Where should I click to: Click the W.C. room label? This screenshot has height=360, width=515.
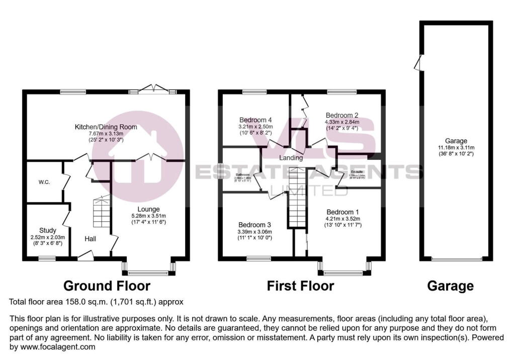[44, 182]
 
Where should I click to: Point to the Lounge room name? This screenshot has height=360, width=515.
[149, 209]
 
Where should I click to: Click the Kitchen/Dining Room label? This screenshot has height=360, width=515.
[106, 127]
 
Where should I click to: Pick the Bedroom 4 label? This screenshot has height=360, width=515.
[255, 120]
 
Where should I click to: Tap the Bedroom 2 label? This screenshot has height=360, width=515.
[342, 114]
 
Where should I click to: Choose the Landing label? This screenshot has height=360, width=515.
[291, 158]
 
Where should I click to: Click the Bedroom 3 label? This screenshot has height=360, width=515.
[255, 224]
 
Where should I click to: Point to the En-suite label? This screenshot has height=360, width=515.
[357, 172]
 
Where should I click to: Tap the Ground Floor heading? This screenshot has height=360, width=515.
[107, 286]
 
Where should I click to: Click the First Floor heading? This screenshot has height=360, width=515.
[300, 286]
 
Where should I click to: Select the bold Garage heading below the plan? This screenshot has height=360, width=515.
[450, 286]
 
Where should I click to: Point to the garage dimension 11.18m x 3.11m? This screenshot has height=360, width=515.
[456, 147]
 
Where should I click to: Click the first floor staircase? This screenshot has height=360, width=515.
[296, 199]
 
